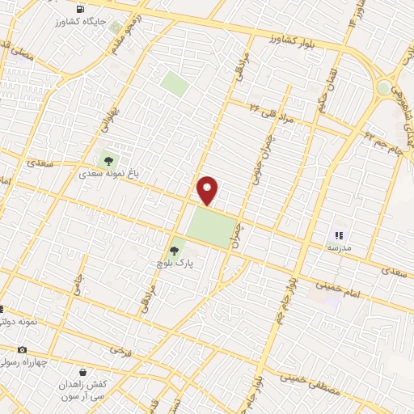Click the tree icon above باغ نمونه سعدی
click(x=108, y=159)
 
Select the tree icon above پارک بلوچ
click(x=173, y=251)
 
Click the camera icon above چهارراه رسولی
click(x=22, y=349)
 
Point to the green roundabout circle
click(x=383, y=87)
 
